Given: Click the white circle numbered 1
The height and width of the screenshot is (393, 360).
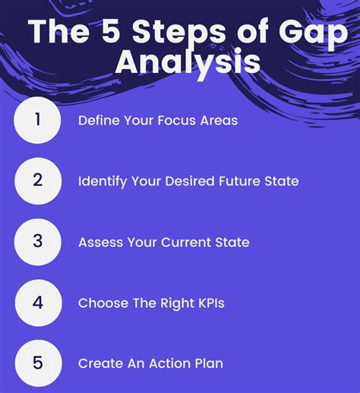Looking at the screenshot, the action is tap(37, 120).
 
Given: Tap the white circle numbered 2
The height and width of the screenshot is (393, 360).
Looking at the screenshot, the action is tap(38, 181).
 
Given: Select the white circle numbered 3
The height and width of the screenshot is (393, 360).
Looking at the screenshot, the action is tap(38, 242).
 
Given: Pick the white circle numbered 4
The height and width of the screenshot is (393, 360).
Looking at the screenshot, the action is tap(38, 303).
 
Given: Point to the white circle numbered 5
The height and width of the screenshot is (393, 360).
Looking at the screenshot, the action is tap(38, 363).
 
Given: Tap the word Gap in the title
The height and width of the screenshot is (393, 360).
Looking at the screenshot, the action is tap(314, 33).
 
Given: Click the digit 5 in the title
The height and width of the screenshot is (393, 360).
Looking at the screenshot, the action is tap(110, 31).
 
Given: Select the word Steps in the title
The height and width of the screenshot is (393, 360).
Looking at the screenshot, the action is tap(179, 33).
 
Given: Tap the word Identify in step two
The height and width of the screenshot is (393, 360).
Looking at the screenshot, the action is tap(103, 182).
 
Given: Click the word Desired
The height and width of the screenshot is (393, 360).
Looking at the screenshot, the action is tap(190, 181).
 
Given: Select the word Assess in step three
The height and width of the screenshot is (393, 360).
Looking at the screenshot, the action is tap(101, 242).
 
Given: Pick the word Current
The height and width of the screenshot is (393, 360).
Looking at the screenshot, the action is tap(186, 242).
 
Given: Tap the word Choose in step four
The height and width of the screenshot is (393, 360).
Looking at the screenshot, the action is tap(103, 303).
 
